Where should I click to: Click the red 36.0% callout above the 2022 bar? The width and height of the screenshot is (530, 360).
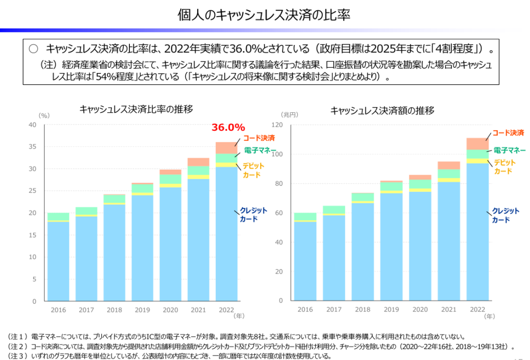tap(228, 127)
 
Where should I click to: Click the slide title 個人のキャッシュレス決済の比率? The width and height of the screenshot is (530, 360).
tap(264, 15)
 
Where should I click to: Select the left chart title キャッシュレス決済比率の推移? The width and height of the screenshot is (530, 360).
tap(136, 109)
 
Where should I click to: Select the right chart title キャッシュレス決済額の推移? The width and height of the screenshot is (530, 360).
tap(382, 110)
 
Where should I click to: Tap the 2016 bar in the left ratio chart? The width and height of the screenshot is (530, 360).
tap(58, 259)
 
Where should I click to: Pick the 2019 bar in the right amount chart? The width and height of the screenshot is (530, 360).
tap(391, 243)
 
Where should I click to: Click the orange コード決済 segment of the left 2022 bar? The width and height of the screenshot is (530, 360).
tap(227, 147)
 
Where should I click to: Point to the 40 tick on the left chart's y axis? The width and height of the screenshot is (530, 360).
tap(33, 125)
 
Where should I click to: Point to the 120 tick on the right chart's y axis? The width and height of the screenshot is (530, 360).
tap(279, 125)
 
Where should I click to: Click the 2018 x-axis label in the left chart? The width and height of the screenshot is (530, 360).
tap(115, 310)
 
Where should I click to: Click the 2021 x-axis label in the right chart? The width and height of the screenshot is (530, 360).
tap(448, 310)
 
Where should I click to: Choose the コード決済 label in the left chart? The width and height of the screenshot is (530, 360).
tap(259, 138)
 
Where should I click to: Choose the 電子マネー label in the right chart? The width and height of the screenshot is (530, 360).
tap(509, 150)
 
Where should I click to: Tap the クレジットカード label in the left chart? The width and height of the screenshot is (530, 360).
tap(254, 215)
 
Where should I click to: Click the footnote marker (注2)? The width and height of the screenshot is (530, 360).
tap(17, 346)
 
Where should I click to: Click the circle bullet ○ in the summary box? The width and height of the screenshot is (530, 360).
tap(34, 49)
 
